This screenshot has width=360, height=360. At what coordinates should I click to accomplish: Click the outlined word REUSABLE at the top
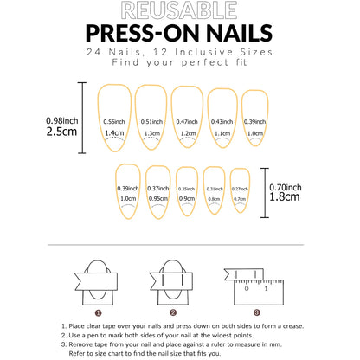(x=180, y=11)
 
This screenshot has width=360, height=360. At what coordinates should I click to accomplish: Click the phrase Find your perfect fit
(x=180, y=65)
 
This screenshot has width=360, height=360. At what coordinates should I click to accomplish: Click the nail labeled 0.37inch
(x=157, y=191)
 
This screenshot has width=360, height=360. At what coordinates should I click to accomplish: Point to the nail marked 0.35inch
(x=186, y=191)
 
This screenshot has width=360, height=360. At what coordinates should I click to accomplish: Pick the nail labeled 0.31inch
(x=214, y=191)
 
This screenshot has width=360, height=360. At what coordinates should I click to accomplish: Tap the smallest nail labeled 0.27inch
(x=239, y=191)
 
